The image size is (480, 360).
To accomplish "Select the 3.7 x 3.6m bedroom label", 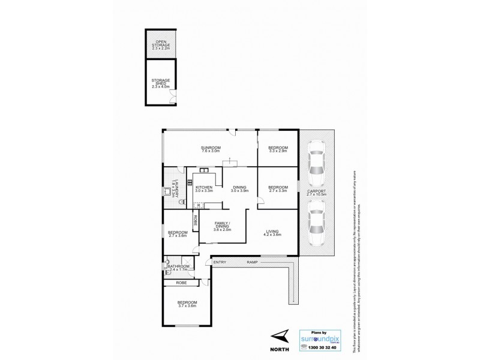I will (187, 304).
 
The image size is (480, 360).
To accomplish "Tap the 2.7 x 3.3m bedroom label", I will (277, 189).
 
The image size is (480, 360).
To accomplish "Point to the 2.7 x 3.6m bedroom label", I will (178, 235).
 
